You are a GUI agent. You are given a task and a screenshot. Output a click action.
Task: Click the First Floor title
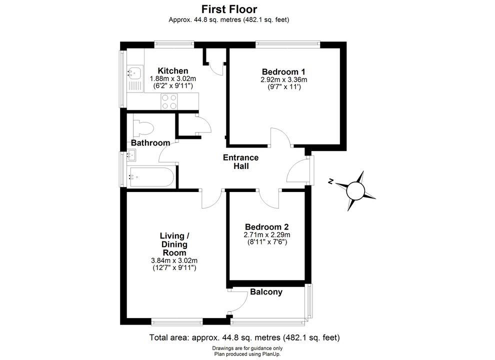pyautogui.click(x=229, y=9)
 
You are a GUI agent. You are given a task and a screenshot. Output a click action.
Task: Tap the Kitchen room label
pyautogui.click(x=173, y=70)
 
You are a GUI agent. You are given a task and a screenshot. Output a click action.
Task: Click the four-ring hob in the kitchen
pyautogui.click(x=169, y=101)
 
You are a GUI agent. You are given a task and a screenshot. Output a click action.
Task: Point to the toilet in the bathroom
pyautogui.click(x=143, y=128)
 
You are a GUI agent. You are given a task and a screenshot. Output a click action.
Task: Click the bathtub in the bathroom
pyautogui.click(x=151, y=177)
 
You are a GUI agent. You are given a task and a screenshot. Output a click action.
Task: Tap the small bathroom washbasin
pyautogui.click(x=131, y=155)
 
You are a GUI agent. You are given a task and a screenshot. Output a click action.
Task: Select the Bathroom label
pyautogui.click(x=150, y=142)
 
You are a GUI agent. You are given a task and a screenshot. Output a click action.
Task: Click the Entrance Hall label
pyautogui.click(x=241, y=161)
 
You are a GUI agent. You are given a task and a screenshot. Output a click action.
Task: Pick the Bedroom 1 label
pyautogui.click(x=283, y=71)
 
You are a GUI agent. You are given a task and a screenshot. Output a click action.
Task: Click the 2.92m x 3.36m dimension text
pyautogui.click(x=284, y=79)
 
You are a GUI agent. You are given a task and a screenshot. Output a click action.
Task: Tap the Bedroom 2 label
pyautogui.click(x=267, y=226)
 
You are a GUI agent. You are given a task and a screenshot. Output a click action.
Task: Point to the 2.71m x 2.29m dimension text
pyautogui.click(x=267, y=234)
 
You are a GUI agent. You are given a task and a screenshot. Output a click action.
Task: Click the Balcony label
pyautogui.click(x=266, y=292)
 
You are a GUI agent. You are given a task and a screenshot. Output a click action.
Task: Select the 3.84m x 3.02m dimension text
pyautogui.click(x=174, y=260)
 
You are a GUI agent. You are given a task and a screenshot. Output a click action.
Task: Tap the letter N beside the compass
pyautogui.click(x=330, y=181)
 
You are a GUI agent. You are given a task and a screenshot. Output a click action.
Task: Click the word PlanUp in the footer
pyautogui.click(x=271, y=354)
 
